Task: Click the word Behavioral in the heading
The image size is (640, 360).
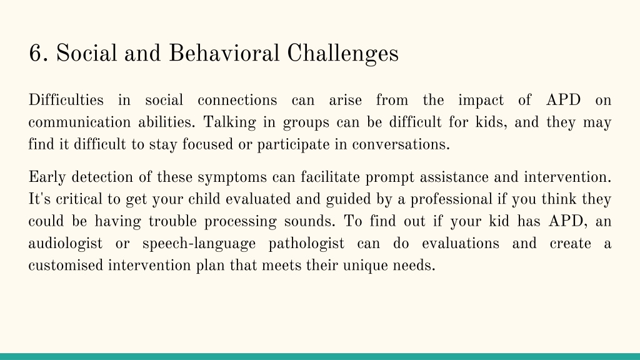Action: click(x=224, y=54)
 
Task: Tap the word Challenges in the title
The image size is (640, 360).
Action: click(x=343, y=54)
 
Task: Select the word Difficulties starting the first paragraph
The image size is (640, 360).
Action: click(x=66, y=100)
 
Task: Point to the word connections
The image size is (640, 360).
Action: click(x=237, y=101)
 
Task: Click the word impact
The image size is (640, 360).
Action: click(x=481, y=101)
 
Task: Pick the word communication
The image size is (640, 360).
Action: click(x=79, y=122)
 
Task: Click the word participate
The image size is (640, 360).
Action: click(x=293, y=145)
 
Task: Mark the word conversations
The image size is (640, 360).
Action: click(x=401, y=144)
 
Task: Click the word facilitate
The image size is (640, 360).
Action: click(x=330, y=177)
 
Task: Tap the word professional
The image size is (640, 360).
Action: click(x=451, y=199)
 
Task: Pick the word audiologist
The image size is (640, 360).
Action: click(x=65, y=244)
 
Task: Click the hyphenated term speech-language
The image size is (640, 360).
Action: click(x=199, y=244)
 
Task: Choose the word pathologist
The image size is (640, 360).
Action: click(x=306, y=244)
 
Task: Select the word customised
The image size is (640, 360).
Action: click(x=66, y=265)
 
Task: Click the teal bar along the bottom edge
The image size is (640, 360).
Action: click(x=320, y=356)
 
